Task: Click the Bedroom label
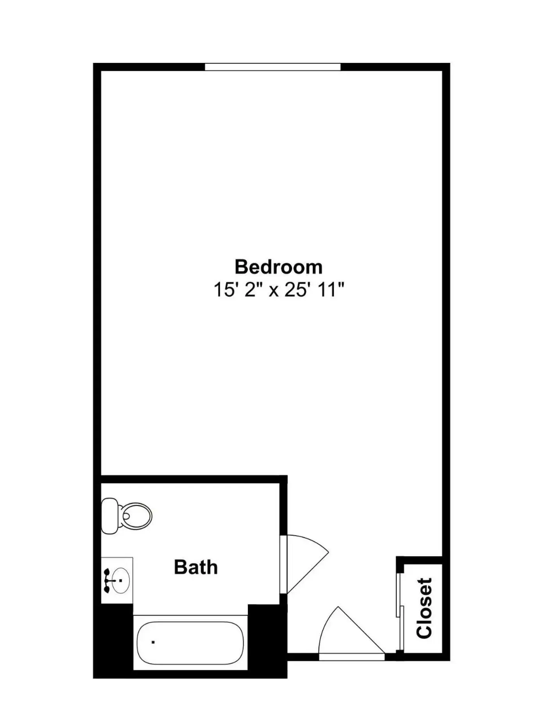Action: click(278, 267)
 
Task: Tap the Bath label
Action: click(195, 567)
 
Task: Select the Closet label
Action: click(424, 608)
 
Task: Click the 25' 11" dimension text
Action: click(314, 290)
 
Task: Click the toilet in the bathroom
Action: click(126, 516)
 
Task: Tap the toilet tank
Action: click(109, 516)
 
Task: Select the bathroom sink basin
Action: click(121, 580)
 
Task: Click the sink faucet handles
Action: click(107, 580)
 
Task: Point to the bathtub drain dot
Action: click(153, 642)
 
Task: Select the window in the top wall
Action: click(273, 67)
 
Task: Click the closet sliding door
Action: click(400, 611)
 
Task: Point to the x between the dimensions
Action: click(274, 291)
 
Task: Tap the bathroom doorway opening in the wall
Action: click(283, 565)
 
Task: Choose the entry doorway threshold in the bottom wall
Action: click(352, 657)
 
